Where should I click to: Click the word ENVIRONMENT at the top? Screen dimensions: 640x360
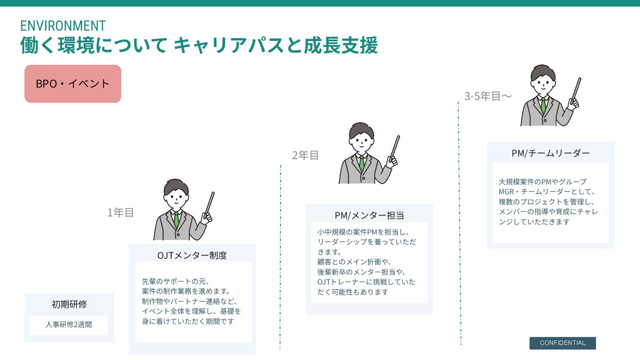[x=63, y=25]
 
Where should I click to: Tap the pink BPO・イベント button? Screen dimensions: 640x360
[x=73, y=84]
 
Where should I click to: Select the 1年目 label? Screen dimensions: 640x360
[x=120, y=213]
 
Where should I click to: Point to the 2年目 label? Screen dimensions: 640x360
[x=305, y=156]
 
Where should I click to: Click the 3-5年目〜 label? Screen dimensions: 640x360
[x=488, y=96]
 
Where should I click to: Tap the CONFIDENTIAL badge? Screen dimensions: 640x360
[x=562, y=343]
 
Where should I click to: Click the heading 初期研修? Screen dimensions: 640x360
[x=69, y=304]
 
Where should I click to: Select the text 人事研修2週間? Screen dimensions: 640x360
[x=68, y=324]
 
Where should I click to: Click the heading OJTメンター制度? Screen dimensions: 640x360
[x=192, y=256]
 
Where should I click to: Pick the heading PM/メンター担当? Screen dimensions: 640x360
[x=369, y=216]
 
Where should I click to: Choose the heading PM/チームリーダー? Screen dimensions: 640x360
[x=551, y=153]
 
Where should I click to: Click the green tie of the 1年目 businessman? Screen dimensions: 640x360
[x=176, y=219]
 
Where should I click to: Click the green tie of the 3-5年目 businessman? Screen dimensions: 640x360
[x=543, y=105]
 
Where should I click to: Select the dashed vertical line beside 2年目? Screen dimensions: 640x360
[x=280, y=258]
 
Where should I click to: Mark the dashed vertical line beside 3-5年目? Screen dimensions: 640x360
[x=459, y=222]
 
